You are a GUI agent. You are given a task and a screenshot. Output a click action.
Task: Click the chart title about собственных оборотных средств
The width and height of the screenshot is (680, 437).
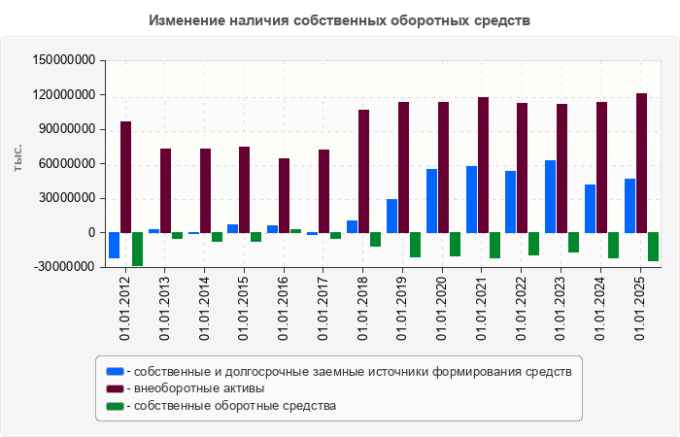[340, 20]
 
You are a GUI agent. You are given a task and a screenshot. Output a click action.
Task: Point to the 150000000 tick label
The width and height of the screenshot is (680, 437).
[63, 60]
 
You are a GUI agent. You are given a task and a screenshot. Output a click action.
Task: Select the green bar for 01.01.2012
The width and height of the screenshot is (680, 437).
[138, 249]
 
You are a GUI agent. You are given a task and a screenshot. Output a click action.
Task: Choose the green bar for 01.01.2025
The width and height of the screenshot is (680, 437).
[653, 247]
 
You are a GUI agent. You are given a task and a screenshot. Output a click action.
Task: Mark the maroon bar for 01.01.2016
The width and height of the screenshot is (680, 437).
[285, 195]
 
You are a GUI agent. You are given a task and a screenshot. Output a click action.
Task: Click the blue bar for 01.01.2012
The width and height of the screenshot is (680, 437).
[115, 245]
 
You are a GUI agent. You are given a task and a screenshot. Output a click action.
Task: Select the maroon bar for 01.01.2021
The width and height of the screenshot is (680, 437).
[483, 165]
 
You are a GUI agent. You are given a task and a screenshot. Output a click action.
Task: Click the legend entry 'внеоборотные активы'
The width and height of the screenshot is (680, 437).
[199, 388]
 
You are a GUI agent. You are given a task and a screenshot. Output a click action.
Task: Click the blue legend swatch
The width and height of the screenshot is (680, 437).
[116, 371]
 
